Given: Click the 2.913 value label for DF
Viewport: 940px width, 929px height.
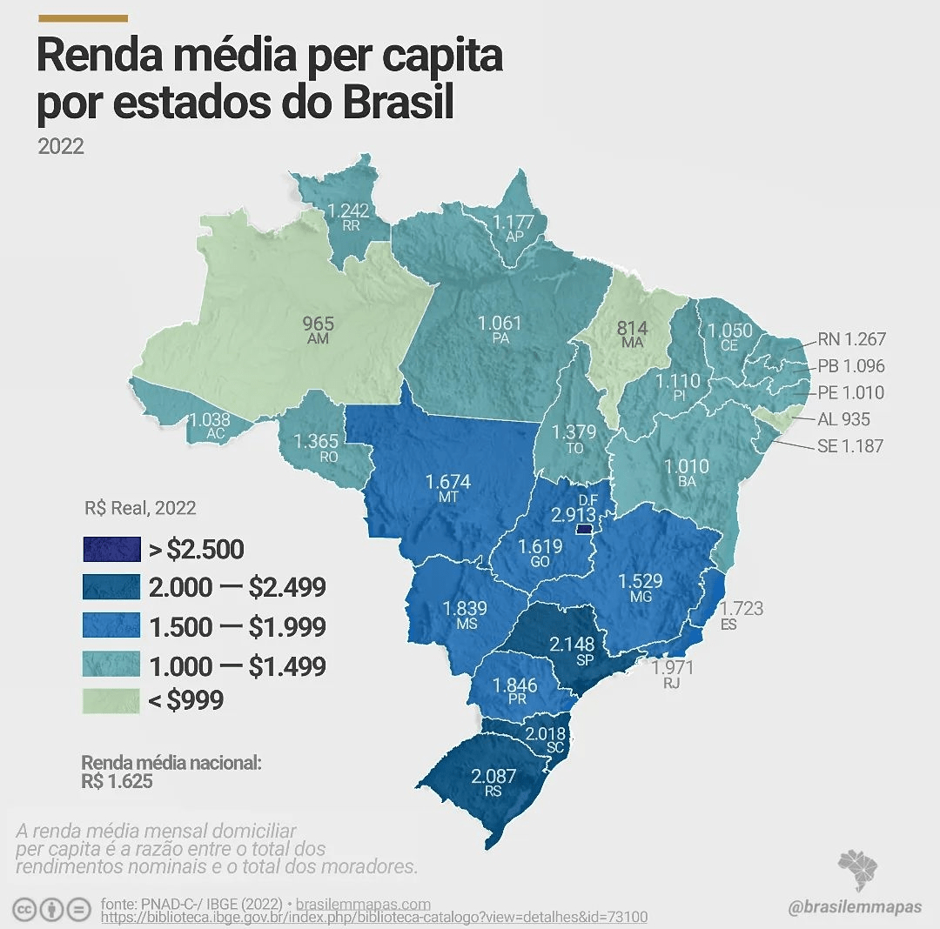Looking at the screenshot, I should tap(574, 515).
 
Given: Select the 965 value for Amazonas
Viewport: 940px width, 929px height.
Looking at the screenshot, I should tap(318, 324).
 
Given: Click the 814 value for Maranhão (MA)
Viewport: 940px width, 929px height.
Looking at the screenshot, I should tap(633, 329).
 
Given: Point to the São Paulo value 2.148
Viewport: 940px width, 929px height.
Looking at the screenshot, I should tap(572, 645).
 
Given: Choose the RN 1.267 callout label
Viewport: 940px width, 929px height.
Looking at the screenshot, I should tap(850, 339).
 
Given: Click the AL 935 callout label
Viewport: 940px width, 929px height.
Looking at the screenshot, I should tap(843, 419).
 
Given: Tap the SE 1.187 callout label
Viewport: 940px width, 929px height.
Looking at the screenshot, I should tap(850, 446).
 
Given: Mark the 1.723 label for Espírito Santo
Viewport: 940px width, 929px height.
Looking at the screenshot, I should tap(742, 608).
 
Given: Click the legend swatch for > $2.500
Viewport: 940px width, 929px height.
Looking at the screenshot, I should tap(111, 549).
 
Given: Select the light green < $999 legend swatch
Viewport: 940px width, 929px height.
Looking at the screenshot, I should tap(111, 699).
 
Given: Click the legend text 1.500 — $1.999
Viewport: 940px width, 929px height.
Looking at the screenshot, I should tap(238, 626).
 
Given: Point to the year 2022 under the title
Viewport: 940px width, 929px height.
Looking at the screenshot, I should tap(61, 145).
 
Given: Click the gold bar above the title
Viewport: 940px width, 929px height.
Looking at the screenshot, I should tap(84, 17).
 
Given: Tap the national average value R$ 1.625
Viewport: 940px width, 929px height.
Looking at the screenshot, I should tap(117, 781).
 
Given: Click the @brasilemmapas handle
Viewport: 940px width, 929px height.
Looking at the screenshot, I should tap(854, 907).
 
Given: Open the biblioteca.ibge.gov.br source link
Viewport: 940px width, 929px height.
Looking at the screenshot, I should tap(374, 918).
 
